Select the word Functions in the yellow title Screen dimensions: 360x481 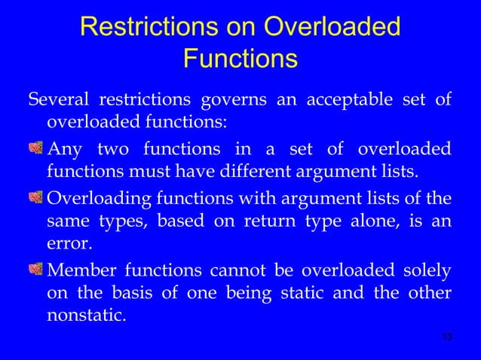click(x=240, y=58)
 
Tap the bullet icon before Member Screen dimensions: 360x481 click(x=36, y=270)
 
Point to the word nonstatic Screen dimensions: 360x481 click(x=86, y=316)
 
